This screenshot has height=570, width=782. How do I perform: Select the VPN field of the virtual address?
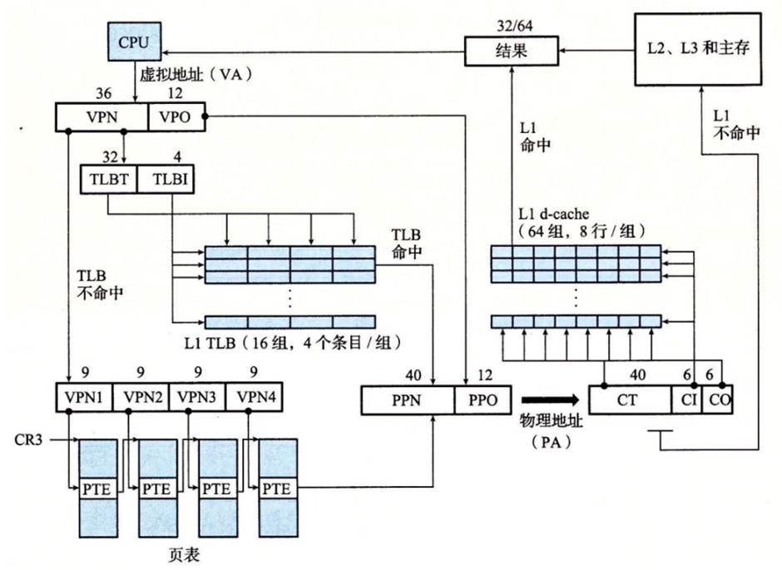[101, 117]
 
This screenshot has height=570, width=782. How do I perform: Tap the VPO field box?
[175, 117]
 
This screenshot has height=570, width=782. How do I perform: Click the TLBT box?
[107, 178]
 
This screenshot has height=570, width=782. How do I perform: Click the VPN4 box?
[253, 397]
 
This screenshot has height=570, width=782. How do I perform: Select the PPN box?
[408, 400]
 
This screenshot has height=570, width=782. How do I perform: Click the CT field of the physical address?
[629, 400]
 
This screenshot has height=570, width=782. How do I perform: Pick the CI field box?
[686, 400]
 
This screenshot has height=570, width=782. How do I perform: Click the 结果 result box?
[508, 52]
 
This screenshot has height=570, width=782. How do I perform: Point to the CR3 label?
[31, 436]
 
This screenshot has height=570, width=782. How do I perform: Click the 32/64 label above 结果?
[508, 26]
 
